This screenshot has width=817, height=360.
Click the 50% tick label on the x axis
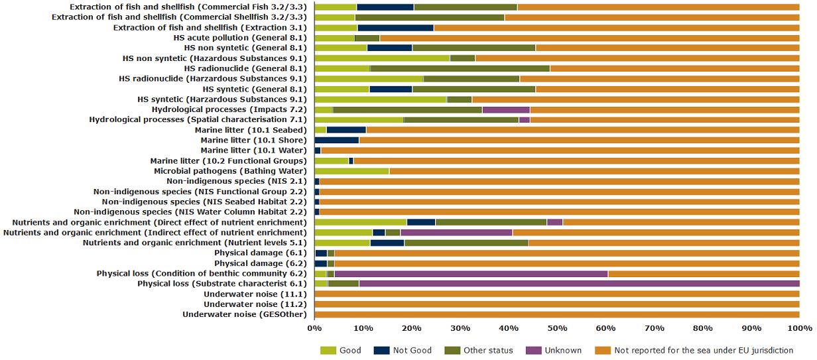click(x=556, y=328)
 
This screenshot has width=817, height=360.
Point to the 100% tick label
click(x=799, y=328)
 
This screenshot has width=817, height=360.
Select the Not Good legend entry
click(x=411, y=350)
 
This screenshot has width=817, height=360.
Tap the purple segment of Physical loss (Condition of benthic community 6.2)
click(x=471, y=273)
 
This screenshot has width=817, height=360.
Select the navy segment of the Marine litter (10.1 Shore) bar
click(x=336, y=140)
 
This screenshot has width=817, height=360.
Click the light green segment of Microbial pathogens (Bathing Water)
click(x=351, y=171)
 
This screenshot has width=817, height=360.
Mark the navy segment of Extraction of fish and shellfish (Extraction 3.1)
click(x=395, y=28)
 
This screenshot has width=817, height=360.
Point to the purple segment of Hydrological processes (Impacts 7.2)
click(x=506, y=109)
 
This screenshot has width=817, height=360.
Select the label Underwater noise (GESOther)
click(x=244, y=314)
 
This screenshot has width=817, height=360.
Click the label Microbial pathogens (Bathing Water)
click(x=230, y=171)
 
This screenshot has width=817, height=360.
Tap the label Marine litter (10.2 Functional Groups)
click(x=228, y=160)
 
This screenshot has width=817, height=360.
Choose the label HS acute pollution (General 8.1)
click(x=239, y=38)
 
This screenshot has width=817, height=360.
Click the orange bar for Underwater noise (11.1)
click(x=556, y=294)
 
